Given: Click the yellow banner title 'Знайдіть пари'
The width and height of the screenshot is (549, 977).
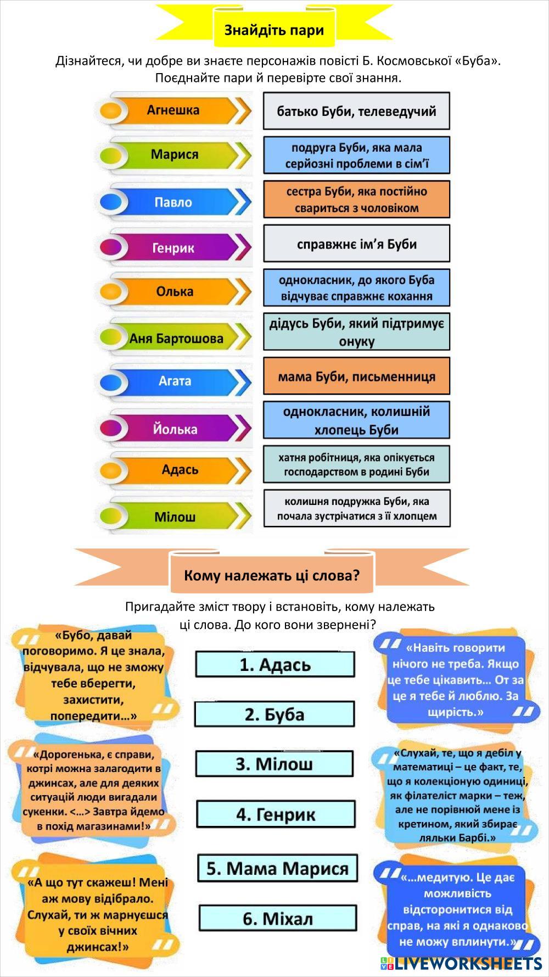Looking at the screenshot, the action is coord(274,30).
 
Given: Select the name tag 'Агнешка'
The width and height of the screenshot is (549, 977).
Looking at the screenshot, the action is coord(173,110).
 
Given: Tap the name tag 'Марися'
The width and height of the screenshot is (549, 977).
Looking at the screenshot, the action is coord(175,154).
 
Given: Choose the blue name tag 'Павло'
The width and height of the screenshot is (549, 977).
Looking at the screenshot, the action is coord(173,202).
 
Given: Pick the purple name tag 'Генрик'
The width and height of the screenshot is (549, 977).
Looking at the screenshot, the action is coord(173,248).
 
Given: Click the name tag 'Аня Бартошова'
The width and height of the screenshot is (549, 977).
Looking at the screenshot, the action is coord(176,338).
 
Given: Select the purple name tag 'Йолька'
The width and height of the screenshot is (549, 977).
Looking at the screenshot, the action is coord(175,429).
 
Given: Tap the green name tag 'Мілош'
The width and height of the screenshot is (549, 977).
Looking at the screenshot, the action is coord(175,517).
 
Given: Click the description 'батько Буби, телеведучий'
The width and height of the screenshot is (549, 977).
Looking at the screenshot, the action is coord(356,111).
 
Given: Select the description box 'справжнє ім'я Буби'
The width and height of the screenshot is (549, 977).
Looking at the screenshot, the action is coord(356,243).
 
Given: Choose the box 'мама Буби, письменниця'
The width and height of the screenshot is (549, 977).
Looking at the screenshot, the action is coord(356,376).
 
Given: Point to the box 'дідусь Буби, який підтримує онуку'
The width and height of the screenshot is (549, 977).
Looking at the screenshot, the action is coord(356,332).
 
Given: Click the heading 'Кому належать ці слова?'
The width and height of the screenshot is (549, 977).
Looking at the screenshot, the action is coord(272,575).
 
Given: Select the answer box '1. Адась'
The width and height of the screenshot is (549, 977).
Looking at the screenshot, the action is coord(275,664).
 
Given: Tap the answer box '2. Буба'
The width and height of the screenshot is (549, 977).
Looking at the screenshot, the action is coord(274,714).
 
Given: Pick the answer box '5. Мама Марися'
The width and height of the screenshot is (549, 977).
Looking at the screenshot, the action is coord(277,868).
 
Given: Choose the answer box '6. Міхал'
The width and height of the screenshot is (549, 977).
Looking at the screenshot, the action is coord(278,918).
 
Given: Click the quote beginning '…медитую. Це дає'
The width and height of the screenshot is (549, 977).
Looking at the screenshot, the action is coord(457,910).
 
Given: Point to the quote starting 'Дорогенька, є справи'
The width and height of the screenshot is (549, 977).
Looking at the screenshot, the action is coord(93,790).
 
